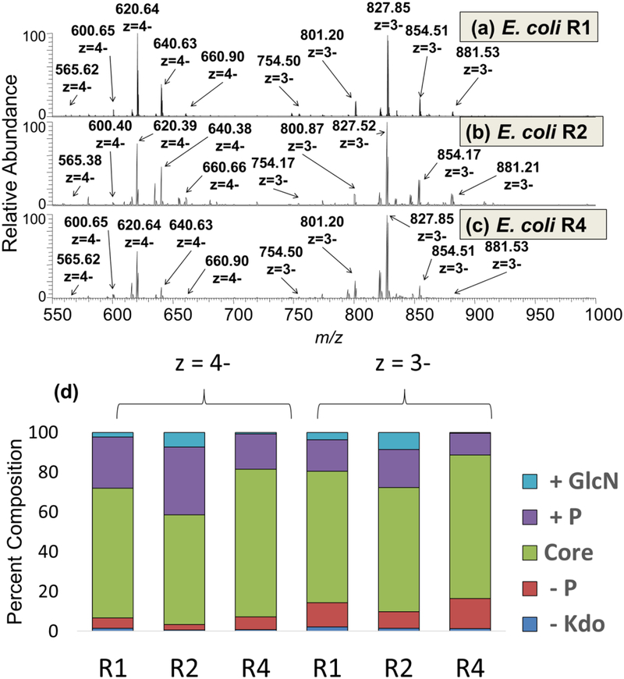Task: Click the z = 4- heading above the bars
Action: click(204, 364)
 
